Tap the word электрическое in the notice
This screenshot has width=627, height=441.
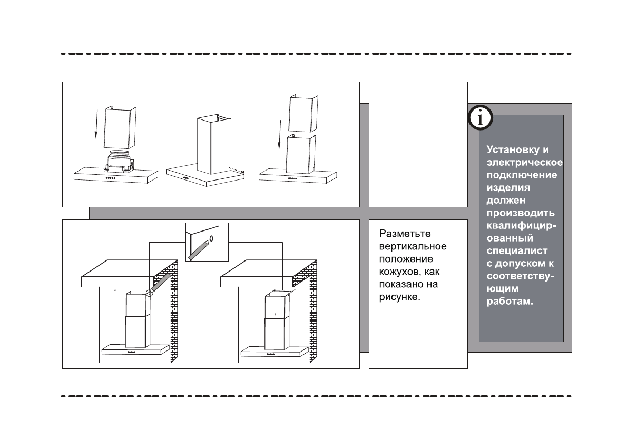525,162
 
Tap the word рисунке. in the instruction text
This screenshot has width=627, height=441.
399,297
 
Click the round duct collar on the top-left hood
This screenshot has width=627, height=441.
119,157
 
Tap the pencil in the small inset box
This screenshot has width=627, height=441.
198,249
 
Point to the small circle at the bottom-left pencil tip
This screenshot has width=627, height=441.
149,292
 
